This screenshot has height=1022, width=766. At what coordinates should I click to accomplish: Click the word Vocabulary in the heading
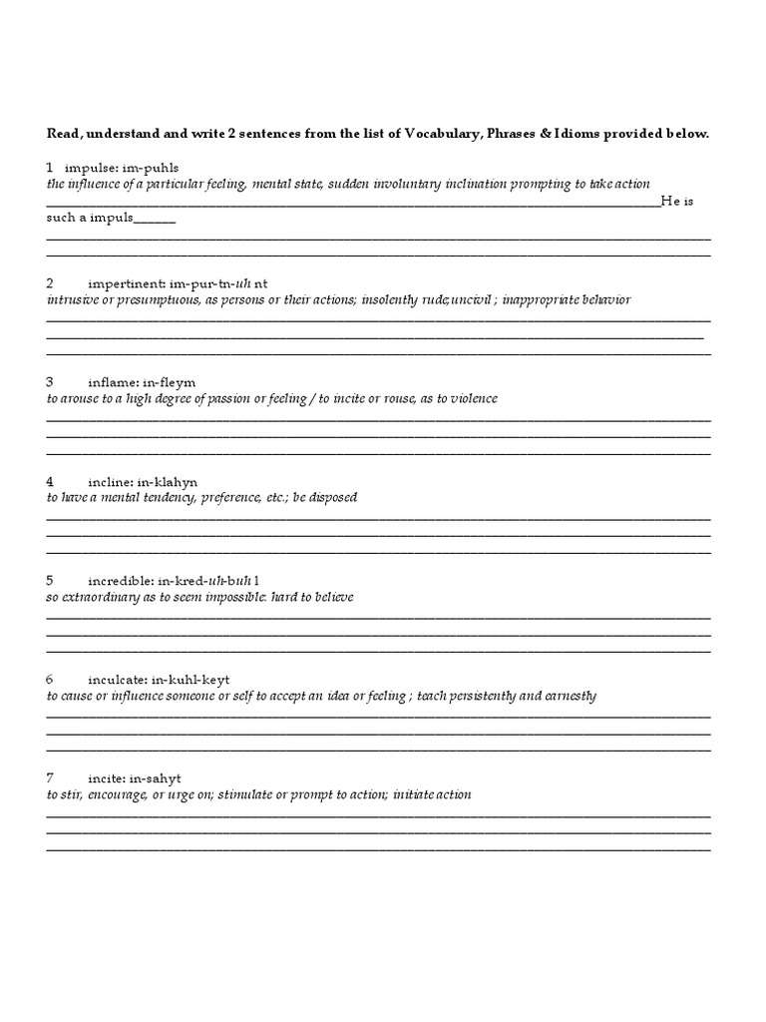click(x=438, y=134)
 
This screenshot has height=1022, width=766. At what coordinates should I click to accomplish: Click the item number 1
click(x=49, y=166)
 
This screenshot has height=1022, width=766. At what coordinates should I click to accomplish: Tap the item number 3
click(x=50, y=381)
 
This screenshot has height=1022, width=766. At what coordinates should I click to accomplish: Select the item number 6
click(x=50, y=679)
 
